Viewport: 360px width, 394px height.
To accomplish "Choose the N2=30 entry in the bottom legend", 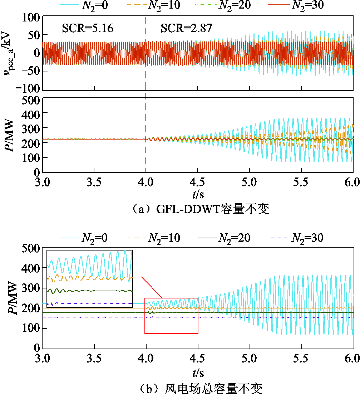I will point(307,237).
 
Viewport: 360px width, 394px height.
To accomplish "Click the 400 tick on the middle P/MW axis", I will point(33,112).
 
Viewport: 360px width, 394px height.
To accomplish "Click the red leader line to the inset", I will point(152,287).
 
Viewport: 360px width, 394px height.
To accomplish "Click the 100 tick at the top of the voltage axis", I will point(33,16).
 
